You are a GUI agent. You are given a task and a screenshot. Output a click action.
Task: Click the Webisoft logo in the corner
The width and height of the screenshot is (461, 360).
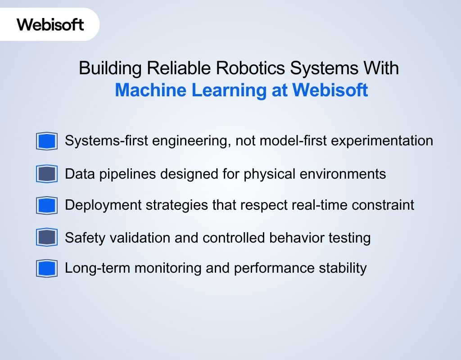tap(50, 24)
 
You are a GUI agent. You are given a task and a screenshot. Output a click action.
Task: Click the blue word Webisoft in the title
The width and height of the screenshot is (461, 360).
tap(330, 90)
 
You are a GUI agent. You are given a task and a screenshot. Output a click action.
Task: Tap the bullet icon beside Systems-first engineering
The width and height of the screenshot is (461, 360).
tap(47, 141)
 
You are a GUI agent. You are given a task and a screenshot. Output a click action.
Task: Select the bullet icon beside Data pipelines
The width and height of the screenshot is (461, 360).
tap(47, 174)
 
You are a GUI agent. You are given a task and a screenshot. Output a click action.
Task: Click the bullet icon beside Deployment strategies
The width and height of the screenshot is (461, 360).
tap(47, 206)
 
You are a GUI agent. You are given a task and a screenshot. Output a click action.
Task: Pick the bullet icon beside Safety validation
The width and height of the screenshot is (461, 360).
tap(47, 238)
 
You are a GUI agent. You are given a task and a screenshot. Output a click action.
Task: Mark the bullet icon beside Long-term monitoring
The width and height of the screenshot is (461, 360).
tap(47, 269)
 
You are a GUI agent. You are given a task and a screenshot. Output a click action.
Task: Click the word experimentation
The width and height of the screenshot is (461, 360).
tap(386, 140)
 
